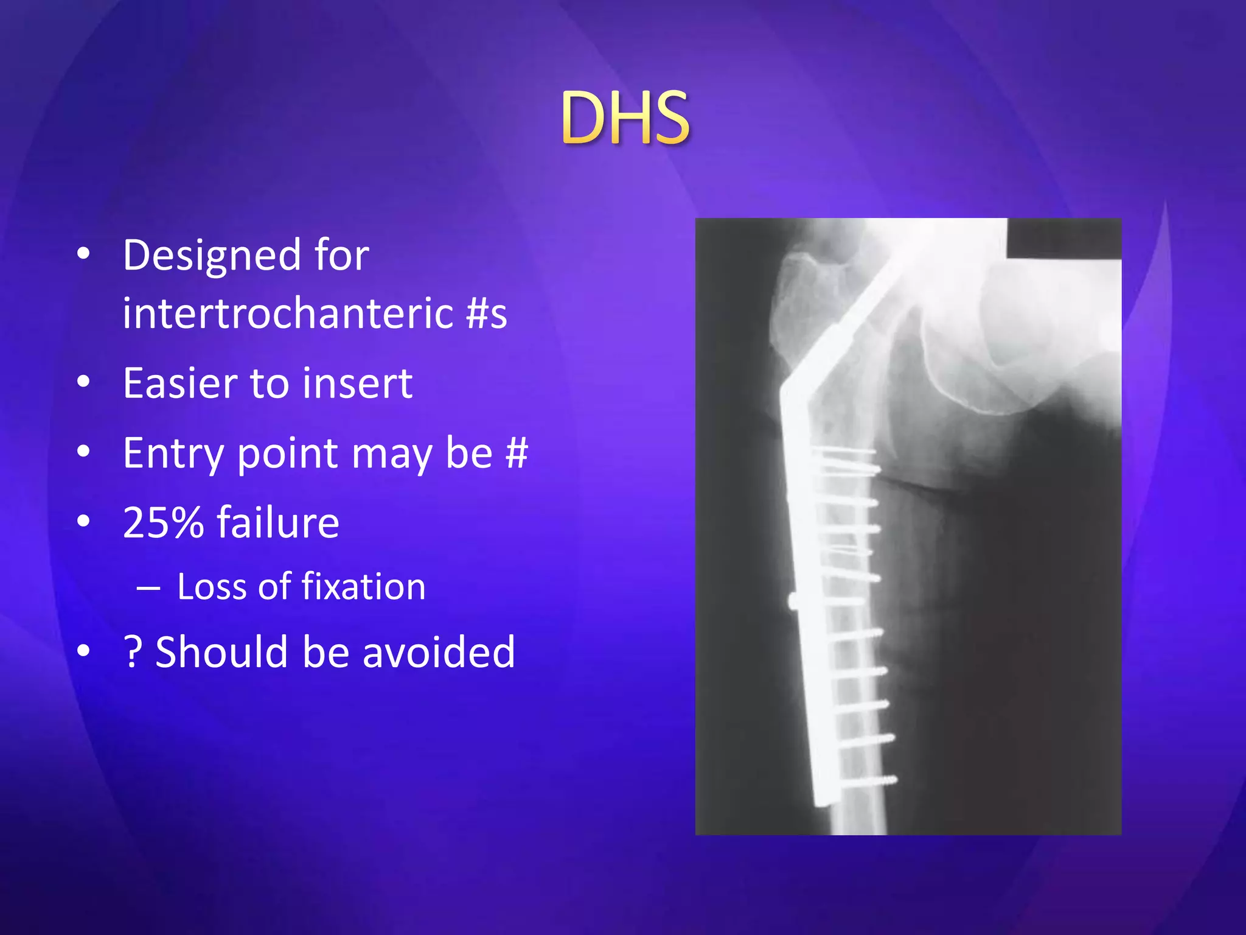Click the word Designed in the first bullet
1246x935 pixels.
coord(211,255)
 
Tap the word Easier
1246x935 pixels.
coord(176,384)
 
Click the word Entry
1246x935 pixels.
coord(172,454)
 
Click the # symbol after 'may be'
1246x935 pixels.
coord(516,453)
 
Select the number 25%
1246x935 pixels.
coord(162,523)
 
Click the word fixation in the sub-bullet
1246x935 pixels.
coord(363,587)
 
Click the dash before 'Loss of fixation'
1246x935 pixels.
coord(148,589)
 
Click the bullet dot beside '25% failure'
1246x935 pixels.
coord(83,521)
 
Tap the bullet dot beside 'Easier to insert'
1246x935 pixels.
coord(83,382)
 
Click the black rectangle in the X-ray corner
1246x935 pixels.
coord(1063,238)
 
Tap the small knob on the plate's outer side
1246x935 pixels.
coord(793,602)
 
